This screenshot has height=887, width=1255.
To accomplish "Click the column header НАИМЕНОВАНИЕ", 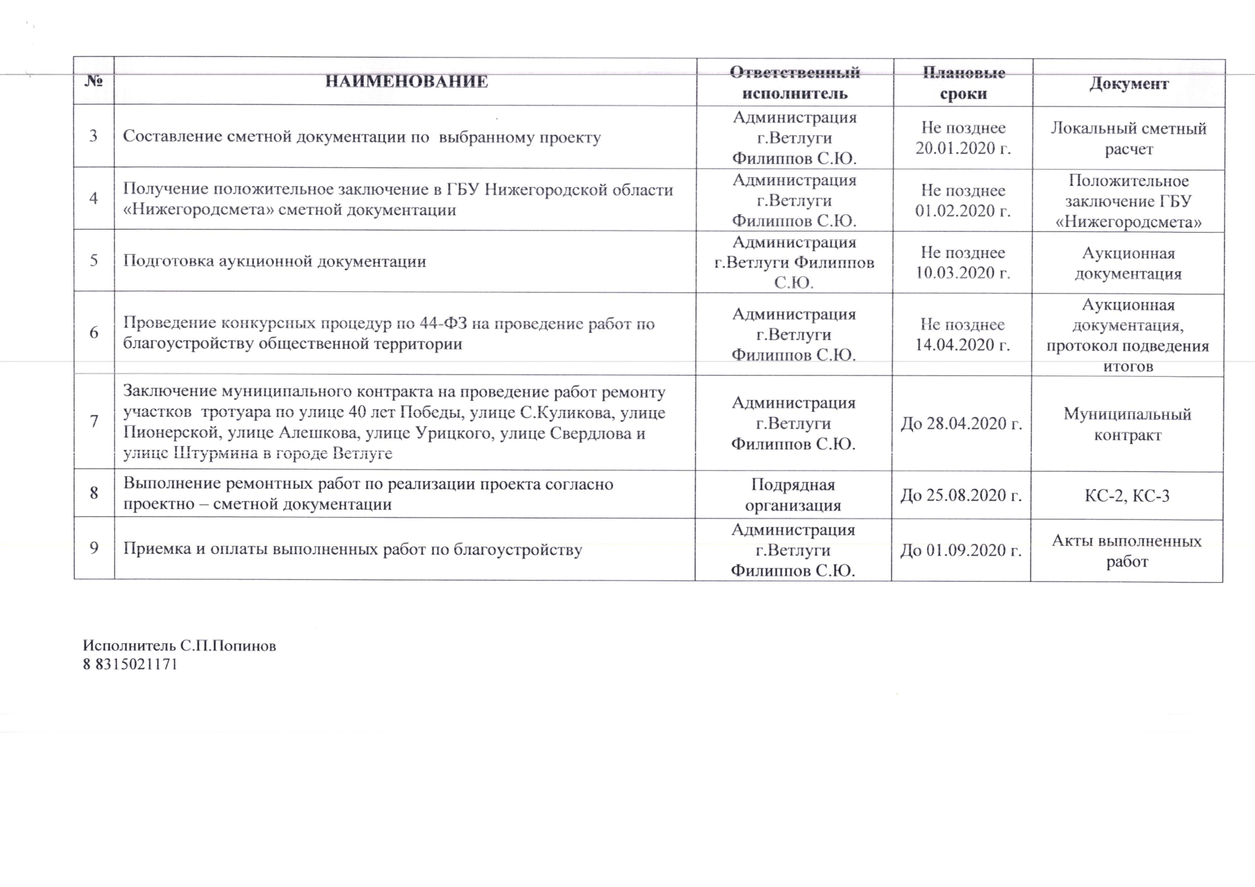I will (x=406, y=82).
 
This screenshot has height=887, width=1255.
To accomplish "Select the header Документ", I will (x=1129, y=84).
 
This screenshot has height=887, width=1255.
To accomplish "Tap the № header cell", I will (x=94, y=82).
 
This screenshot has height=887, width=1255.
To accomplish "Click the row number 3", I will (x=93, y=136).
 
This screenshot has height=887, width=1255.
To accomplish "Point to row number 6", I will (x=94, y=332).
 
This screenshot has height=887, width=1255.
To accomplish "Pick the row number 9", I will (x=94, y=548).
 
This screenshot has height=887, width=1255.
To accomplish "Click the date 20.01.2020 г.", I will (x=963, y=149).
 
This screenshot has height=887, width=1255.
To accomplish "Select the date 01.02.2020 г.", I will (x=963, y=211).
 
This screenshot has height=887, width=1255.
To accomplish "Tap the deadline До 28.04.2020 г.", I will (x=962, y=424).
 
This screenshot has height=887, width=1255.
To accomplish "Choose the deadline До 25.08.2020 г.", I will (x=962, y=496).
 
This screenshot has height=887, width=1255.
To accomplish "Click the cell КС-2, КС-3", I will (x=1127, y=496).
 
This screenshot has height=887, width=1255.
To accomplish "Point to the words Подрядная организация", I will (x=793, y=495).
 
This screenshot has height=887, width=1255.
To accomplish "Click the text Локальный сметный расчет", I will (x=1129, y=139).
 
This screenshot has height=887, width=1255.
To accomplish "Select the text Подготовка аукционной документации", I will (x=274, y=261).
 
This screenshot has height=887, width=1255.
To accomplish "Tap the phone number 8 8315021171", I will (x=130, y=664).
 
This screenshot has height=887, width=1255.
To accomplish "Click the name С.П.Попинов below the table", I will (x=228, y=646).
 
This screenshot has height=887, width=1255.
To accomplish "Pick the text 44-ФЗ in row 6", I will (x=443, y=324).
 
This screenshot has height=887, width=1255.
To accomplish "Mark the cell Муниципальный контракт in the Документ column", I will (x=1127, y=424).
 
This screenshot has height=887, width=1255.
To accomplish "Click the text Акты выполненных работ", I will (x=1127, y=551).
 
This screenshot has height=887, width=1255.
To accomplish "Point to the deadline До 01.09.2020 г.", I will (x=962, y=551).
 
